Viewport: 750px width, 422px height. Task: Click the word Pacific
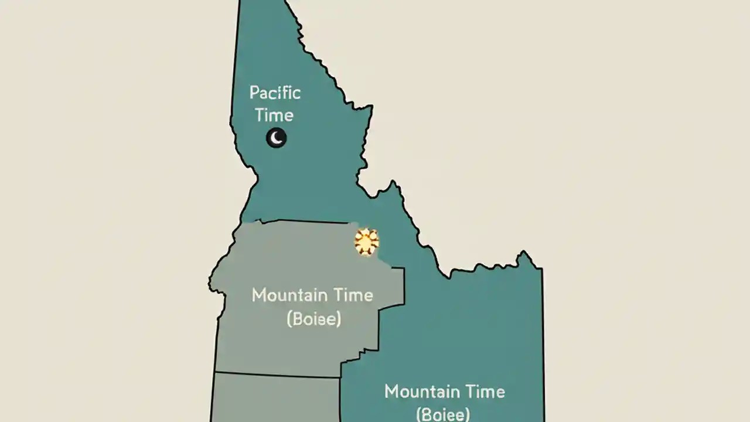coord(275,93)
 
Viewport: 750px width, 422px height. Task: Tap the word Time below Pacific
coord(274,114)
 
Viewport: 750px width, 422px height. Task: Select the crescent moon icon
coord(276,138)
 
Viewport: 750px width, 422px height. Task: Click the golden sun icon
coord(367,241)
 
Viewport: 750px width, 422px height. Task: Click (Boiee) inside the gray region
coord(313,319)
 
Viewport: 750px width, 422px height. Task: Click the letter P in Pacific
coord(254,93)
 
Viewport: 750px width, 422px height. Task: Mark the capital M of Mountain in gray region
coord(258,295)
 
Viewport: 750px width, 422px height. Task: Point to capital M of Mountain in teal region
coord(391,392)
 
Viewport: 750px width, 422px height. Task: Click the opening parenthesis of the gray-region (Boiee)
coord(289,320)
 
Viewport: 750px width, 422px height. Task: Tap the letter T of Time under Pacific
coord(260,114)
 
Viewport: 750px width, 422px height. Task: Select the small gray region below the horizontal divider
coord(275,399)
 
